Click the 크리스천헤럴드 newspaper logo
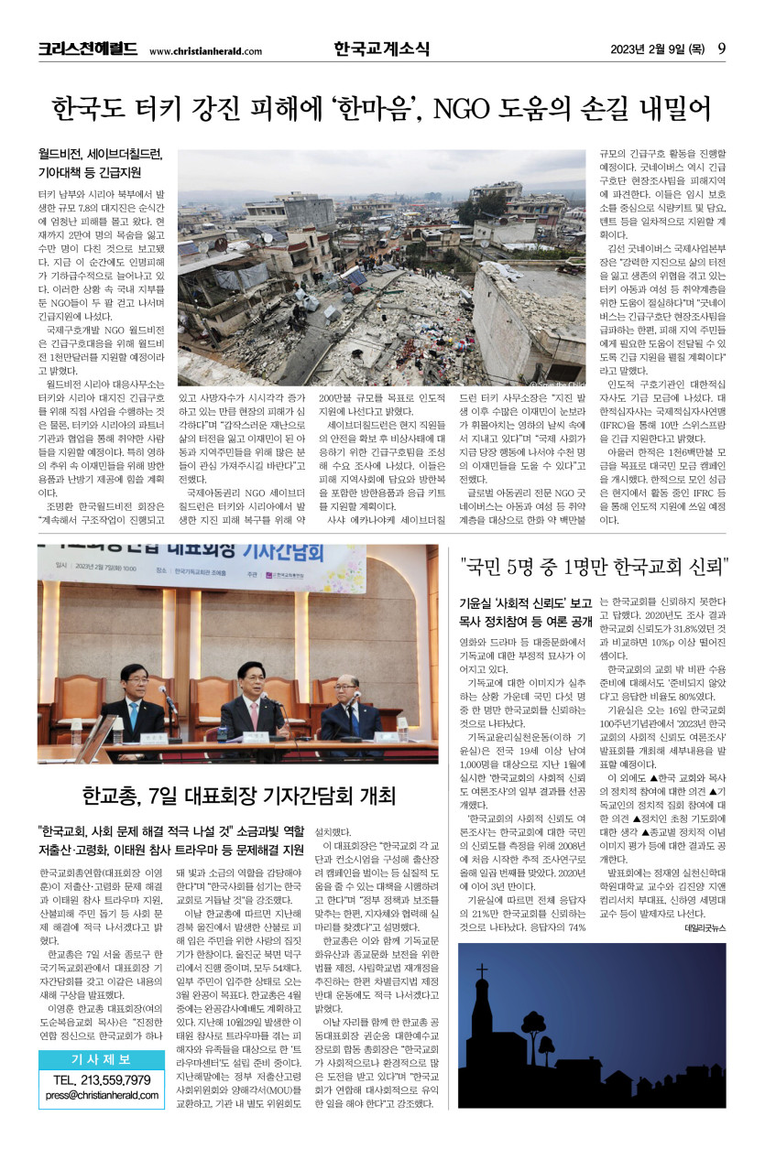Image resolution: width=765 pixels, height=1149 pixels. point(87,49)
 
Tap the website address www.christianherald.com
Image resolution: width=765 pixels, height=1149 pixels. point(204,51)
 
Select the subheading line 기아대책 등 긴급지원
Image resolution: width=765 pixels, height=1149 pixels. point(89,172)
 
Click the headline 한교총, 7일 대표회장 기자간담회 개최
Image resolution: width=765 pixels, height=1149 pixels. point(236,794)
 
